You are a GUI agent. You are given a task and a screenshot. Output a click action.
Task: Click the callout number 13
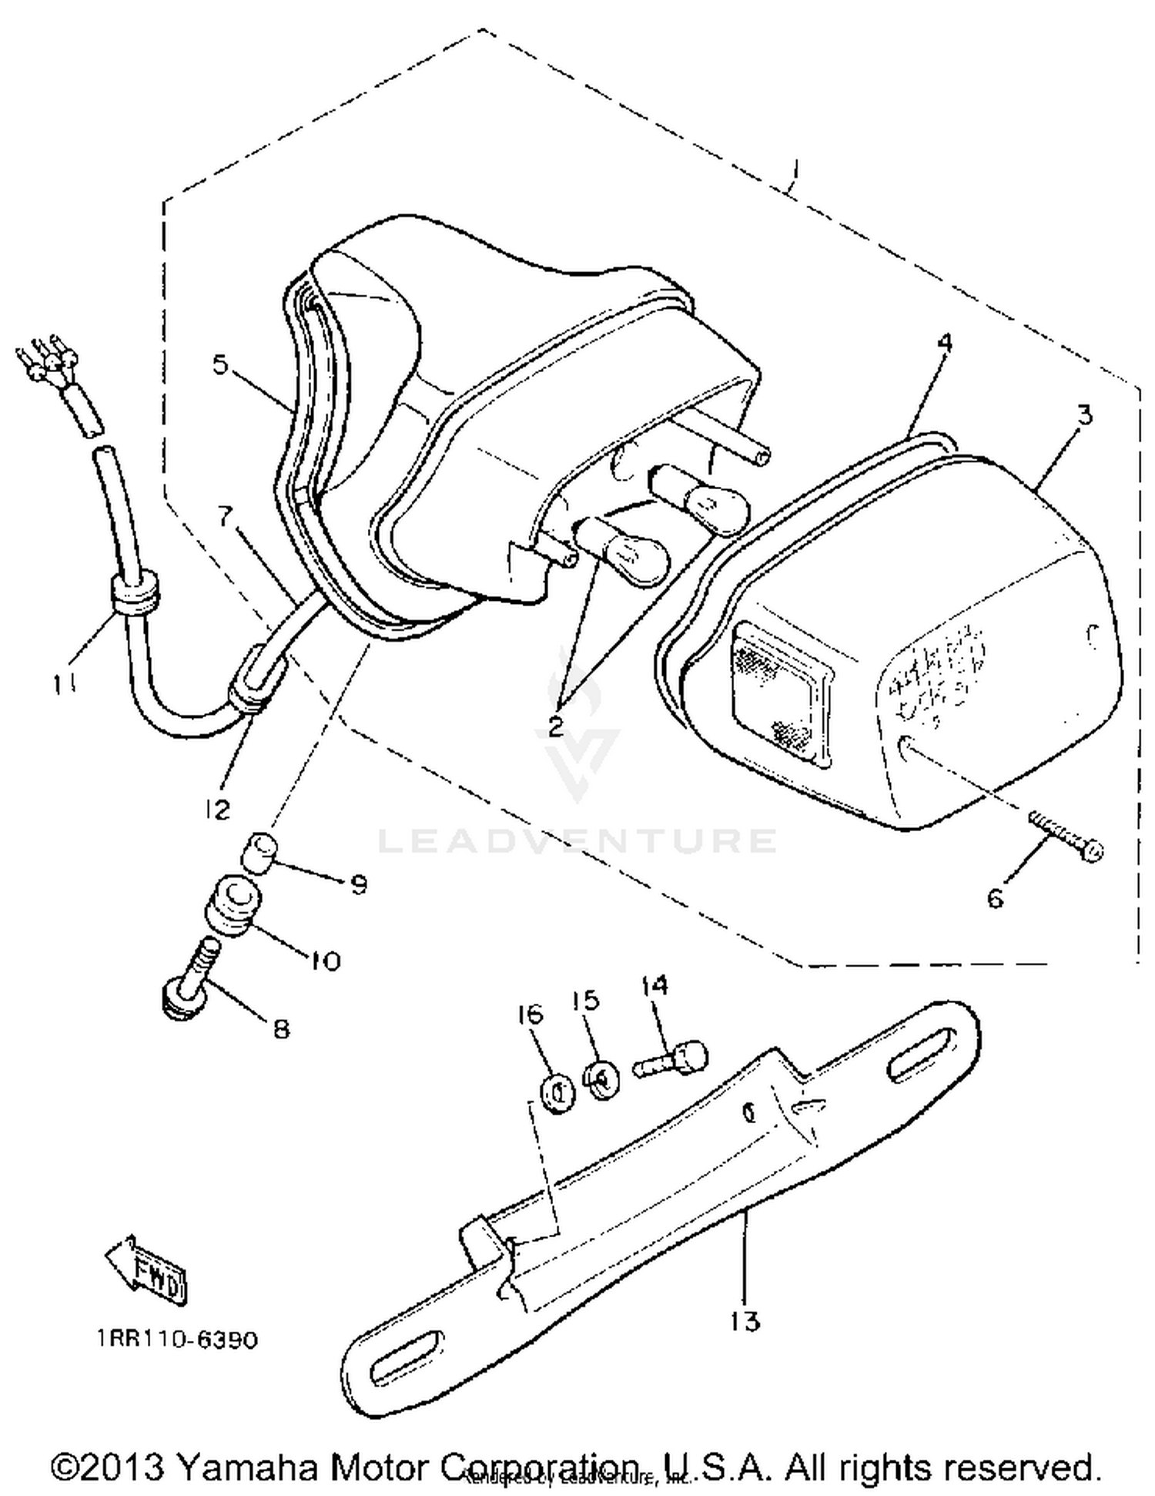point(745,1321)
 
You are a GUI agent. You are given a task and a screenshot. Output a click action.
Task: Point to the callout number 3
point(1084,415)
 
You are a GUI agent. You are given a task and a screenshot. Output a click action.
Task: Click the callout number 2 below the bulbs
point(555,725)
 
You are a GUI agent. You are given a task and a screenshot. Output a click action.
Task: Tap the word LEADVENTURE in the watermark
point(577,840)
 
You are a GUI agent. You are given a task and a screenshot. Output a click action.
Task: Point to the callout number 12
point(218,809)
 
